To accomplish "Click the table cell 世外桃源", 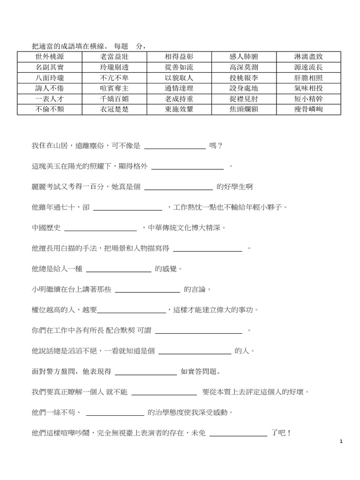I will (49, 56).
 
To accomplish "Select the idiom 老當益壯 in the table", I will (113, 56).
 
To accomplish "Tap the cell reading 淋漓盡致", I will (308, 56).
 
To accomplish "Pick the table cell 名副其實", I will (49, 67).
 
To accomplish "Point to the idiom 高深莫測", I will (243, 67).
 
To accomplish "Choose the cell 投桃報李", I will (243, 78).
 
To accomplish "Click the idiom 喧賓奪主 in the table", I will (113, 88).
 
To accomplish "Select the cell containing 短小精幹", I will (308, 99).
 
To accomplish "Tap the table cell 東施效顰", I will (179, 110).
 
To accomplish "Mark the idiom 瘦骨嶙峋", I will (308, 110).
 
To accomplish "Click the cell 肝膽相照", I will (308, 78).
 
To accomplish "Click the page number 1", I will (342, 442).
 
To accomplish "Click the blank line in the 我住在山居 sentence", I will (175, 147).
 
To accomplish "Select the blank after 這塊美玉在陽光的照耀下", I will (188, 167).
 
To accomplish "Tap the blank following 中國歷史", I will (100, 229).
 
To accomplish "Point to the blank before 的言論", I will (147, 291).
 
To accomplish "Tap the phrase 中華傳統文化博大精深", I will (186, 228).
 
